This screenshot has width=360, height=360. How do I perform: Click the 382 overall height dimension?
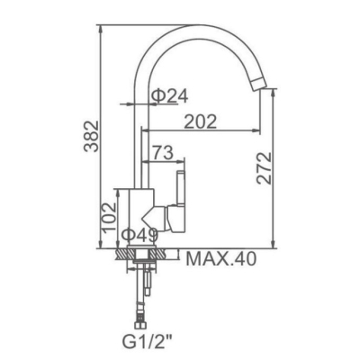click(x=91, y=137)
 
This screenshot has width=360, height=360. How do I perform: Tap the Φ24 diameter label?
click(x=170, y=96)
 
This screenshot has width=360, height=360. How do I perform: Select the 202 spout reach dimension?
click(x=200, y=121)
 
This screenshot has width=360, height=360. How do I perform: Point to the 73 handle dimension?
click(x=163, y=152)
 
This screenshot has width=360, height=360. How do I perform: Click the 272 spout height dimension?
click(x=264, y=168)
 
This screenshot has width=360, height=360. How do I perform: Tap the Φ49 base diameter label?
click(x=139, y=235)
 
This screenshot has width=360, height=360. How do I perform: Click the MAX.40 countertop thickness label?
click(x=221, y=258)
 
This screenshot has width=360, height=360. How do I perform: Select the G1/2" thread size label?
click(x=148, y=340)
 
